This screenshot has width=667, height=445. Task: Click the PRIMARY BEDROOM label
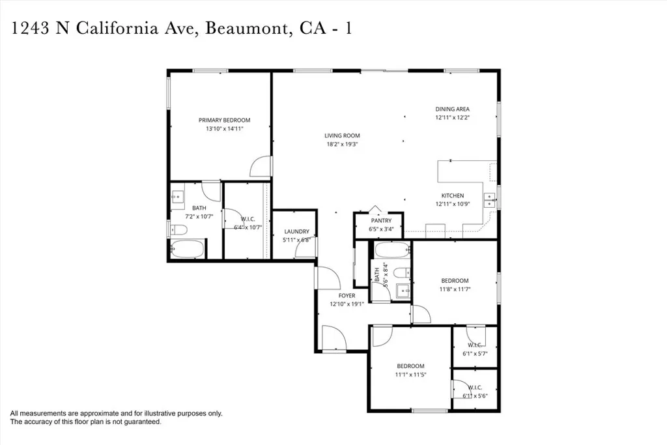224,120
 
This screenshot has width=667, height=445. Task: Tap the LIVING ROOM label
342,136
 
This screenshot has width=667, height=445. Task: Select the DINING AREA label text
452,109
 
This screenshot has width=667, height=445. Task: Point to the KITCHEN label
453,195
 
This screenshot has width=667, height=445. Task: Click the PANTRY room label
381,220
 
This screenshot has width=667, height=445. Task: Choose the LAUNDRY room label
296,231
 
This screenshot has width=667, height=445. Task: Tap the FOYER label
347,296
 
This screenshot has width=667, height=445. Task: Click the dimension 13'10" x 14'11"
224,129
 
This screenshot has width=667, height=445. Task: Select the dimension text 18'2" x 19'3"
342,144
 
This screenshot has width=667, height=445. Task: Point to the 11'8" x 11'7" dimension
454,289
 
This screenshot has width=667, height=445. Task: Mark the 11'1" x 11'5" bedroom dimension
410,375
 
